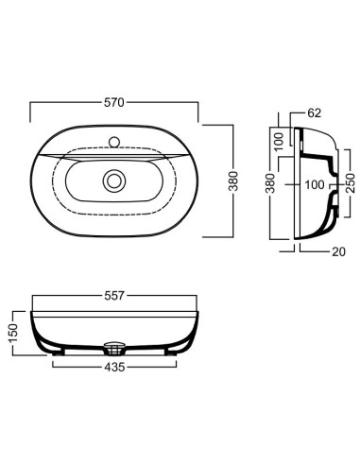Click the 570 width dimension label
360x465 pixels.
point(114,103)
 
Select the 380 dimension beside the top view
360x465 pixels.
point(233,181)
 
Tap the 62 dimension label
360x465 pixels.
point(314,112)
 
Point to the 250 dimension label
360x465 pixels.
point(350,183)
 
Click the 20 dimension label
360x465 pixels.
point(338,251)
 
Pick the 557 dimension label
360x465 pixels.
point(114,296)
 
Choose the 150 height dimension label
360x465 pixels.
point(13,333)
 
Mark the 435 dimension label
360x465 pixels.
point(114,367)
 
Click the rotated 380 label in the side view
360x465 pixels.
point(270,183)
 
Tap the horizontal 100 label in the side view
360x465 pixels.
point(315,185)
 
